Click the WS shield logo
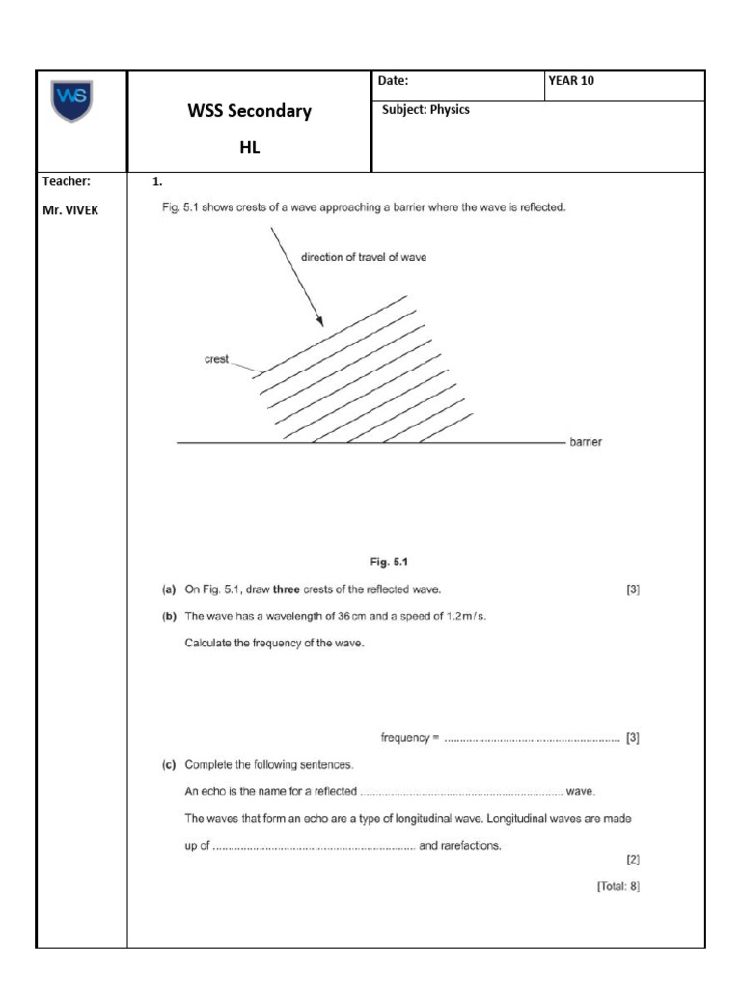point(73,102)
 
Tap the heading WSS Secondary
point(249,111)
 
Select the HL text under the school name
point(249,148)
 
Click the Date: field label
point(394,81)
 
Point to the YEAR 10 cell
point(571,81)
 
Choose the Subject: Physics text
point(425,110)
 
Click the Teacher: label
point(67,180)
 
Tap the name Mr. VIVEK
point(70,209)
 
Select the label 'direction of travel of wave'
point(364,258)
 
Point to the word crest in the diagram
point(216,359)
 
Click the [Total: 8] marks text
point(617,883)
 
